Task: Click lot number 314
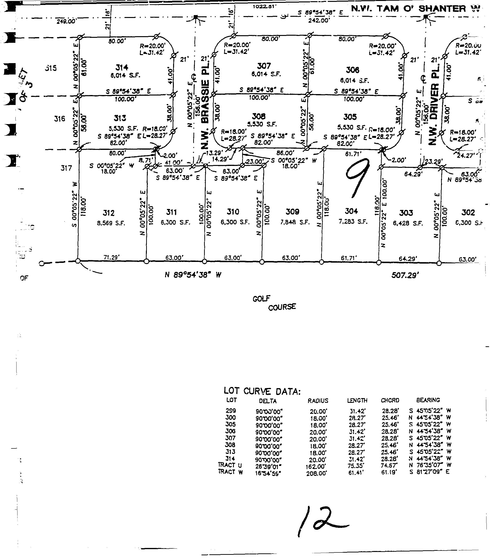[x=122, y=67]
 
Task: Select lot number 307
[x=264, y=66]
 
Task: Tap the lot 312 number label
[x=109, y=213]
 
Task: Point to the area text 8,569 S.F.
[x=111, y=223]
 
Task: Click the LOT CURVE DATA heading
[x=262, y=391]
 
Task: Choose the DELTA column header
[x=268, y=401]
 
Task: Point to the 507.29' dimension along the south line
[x=405, y=276]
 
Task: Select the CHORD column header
[x=390, y=401]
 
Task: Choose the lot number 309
[x=292, y=212]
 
